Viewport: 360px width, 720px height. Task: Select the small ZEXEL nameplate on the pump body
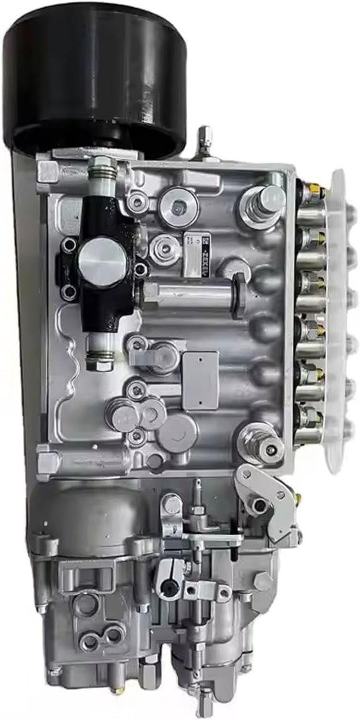(197, 254)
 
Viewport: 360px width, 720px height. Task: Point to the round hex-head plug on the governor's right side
(263, 581)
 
